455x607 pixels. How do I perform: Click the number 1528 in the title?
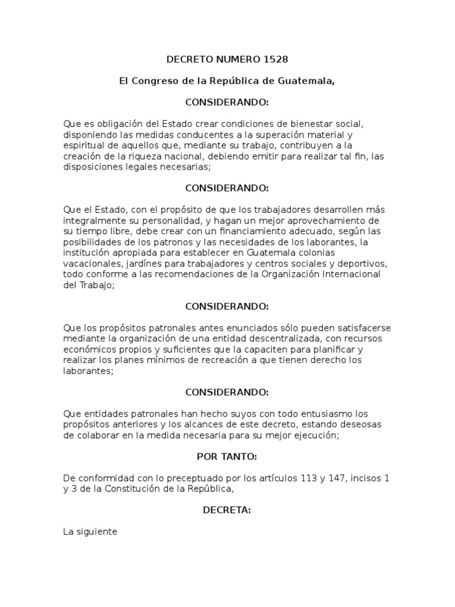275,59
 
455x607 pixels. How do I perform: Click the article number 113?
309,478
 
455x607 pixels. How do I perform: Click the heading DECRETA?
227,510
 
